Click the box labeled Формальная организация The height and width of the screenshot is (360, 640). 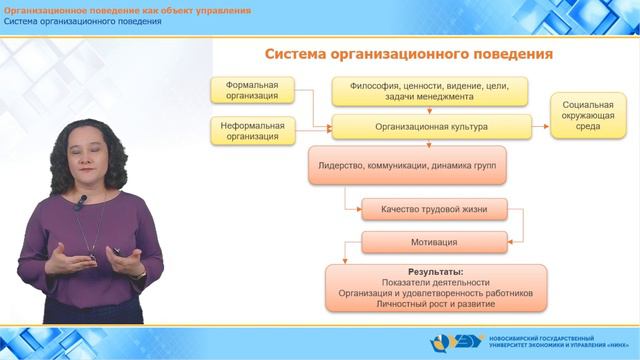pos(252,90)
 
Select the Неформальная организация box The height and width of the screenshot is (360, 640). pos(252,131)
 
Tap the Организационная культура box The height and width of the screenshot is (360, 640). pos(431,127)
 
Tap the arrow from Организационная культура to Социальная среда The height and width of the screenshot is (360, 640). pos(540,127)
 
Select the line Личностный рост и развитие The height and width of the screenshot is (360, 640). pos(435,304)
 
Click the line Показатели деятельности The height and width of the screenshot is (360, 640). pos(435,283)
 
